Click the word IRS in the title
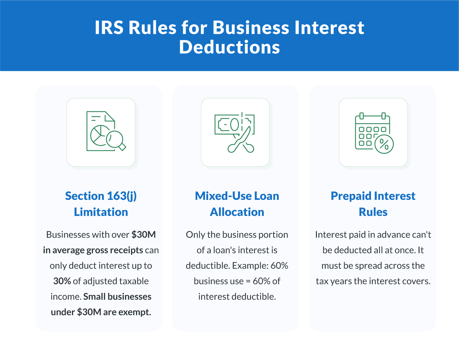point(109,28)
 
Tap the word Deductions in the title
point(229,47)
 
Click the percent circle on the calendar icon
point(384,144)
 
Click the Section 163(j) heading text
point(101,196)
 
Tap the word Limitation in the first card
point(101,212)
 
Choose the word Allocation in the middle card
point(237,212)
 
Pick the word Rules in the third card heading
point(373,212)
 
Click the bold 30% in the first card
point(62,281)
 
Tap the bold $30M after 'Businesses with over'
point(144,235)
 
